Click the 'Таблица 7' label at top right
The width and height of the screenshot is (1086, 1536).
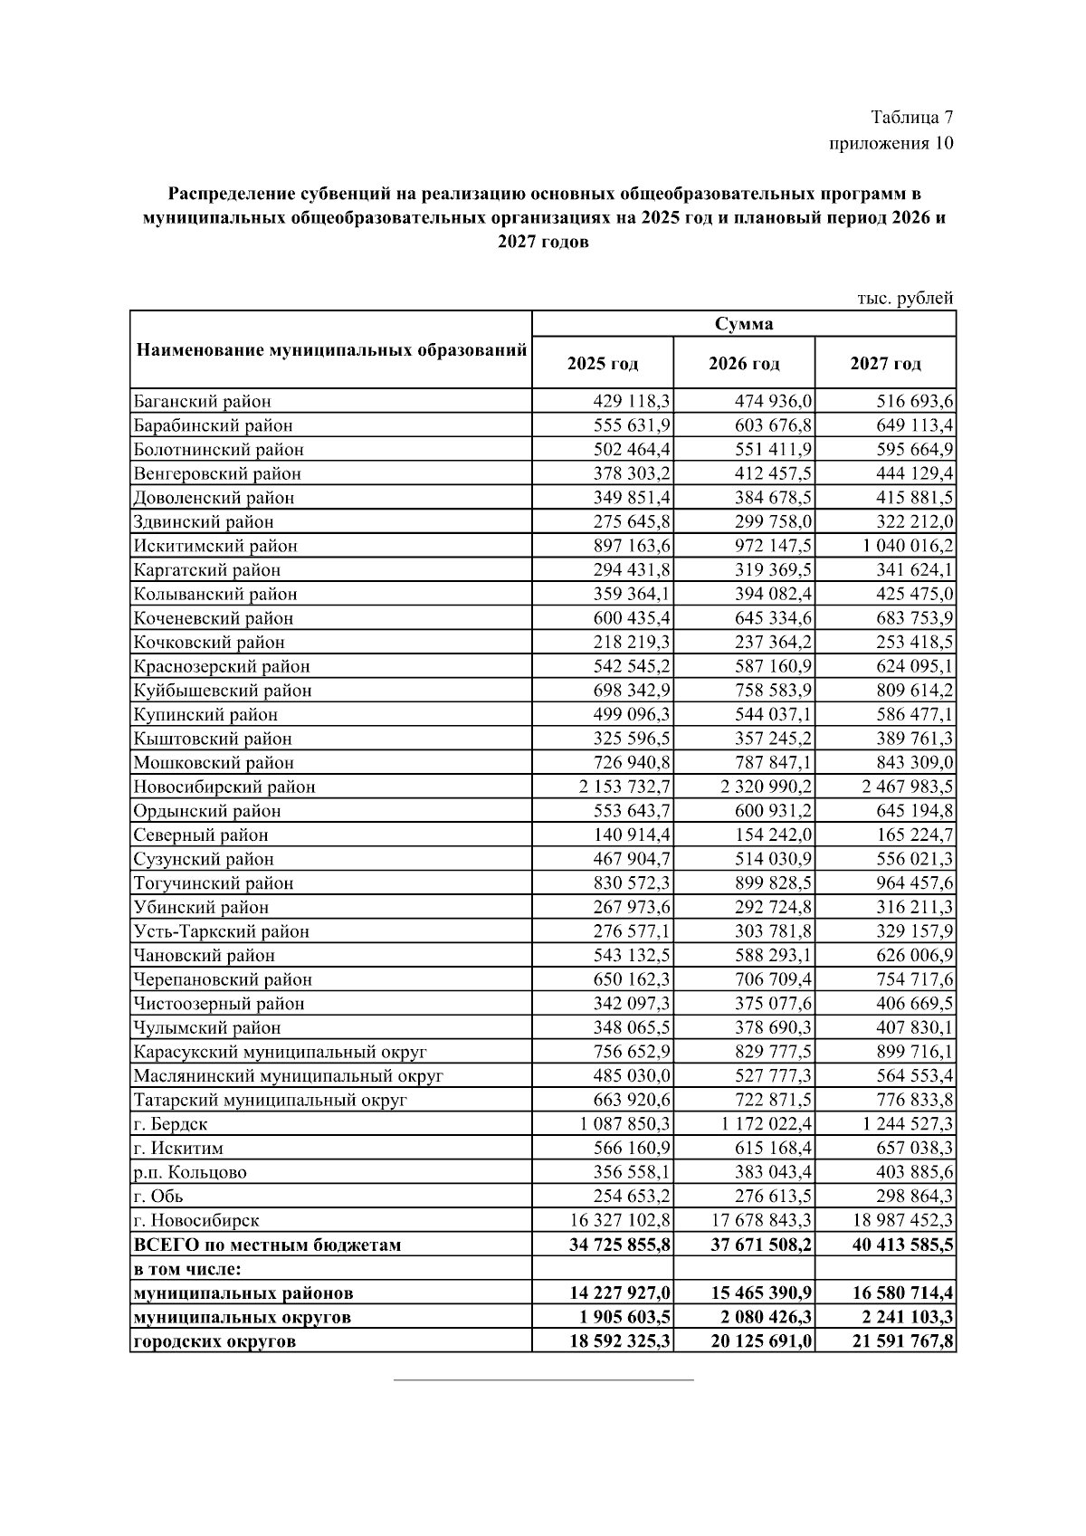(911, 118)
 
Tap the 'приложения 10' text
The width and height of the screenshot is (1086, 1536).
(891, 144)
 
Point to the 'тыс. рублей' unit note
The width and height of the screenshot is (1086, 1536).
(905, 298)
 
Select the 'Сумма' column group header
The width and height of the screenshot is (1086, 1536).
(744, 324)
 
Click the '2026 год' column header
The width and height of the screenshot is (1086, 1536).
(744, 364)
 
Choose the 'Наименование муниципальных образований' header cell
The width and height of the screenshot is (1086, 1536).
(331, 350)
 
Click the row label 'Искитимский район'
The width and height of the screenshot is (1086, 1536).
(215, 546)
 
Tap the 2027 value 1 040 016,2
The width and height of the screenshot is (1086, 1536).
(907, 546)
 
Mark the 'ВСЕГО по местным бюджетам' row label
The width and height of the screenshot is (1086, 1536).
(267, 1245)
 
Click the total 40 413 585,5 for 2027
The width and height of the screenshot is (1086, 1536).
(902, 1245)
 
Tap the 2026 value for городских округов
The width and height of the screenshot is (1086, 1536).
(761, 1341)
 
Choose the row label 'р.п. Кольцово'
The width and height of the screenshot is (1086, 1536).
(190, 1172)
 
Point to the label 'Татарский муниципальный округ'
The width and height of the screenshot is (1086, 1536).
(270, 1100)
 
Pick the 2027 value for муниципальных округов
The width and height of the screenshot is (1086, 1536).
(902, 1317)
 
